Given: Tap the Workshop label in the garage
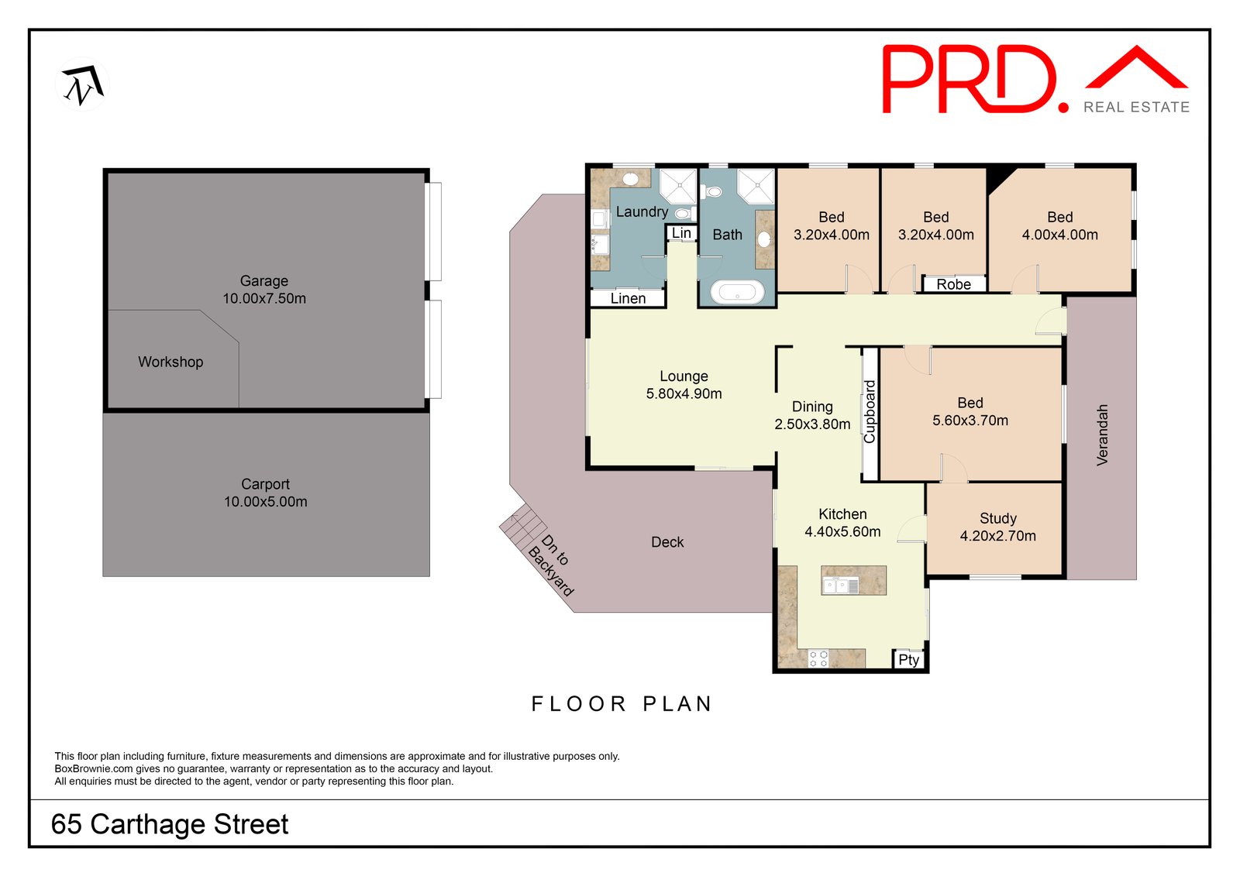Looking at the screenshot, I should click(170, 362).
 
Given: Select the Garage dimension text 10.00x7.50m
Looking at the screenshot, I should click(264, 298).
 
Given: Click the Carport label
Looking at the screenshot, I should click(265, 484).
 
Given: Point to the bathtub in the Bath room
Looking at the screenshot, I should click(737, 292).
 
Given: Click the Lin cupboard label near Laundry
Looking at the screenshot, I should click(681, 233).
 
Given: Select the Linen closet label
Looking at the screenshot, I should click(628, 298).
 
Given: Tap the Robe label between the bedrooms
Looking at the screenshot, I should click(953, 284).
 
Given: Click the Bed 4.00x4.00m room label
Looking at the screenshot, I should click(1059, 226).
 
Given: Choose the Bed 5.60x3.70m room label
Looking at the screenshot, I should click(970, 412).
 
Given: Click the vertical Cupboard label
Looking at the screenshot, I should click(870, 411).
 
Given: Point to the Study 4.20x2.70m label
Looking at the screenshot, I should click(997, 527).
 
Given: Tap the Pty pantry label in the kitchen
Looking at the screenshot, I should click(908, 660).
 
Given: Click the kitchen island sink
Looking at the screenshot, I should click(840, 585).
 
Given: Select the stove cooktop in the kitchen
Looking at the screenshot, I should click(818, 659).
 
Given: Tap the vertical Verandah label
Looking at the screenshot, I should click(1102, 435).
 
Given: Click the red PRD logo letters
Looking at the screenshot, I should click(969, 79).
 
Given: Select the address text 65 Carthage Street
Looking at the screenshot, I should click(170, 824).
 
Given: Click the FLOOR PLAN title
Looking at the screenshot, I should click(622, 703).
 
